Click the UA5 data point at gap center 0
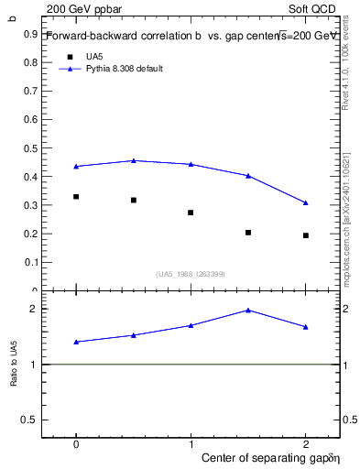76,196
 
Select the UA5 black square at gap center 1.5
248,233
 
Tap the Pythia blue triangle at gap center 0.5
134,160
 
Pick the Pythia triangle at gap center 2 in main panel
306,202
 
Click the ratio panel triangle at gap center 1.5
248,311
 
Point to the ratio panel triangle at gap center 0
76,342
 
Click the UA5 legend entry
93,57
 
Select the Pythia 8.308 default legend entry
124,69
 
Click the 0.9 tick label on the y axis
29,34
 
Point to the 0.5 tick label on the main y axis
29,148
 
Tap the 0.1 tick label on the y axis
29,263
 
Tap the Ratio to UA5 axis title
14,365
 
